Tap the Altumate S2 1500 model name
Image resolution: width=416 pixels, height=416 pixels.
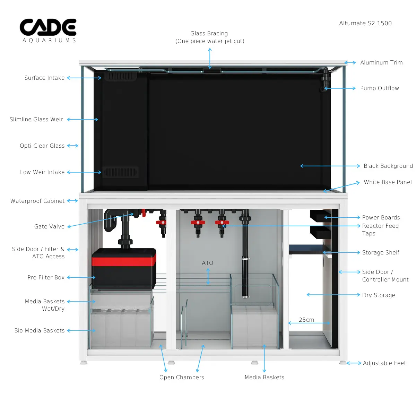365,23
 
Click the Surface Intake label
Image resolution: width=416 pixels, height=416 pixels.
44,78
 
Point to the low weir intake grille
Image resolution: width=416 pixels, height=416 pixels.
120,172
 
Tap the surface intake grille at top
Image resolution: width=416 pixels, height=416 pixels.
120,76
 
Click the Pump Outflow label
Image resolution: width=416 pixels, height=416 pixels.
380,88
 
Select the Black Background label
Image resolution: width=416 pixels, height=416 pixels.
388,166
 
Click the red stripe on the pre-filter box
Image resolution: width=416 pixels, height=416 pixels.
124,261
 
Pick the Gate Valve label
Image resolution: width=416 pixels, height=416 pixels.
49,226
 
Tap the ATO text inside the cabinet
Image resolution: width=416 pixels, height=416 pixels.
208,263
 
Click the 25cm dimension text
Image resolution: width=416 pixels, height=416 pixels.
306,320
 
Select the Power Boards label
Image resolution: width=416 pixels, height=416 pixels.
381,217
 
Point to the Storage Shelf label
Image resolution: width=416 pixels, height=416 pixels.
381,252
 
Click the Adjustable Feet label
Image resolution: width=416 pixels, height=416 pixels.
384,363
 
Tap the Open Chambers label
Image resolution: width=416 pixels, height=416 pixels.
182,377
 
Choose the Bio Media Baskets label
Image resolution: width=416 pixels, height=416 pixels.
40,330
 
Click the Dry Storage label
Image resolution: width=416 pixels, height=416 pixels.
379,295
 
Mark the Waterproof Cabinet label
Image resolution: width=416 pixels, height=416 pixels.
37,201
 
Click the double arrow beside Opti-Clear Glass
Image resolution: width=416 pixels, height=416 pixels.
72,146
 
